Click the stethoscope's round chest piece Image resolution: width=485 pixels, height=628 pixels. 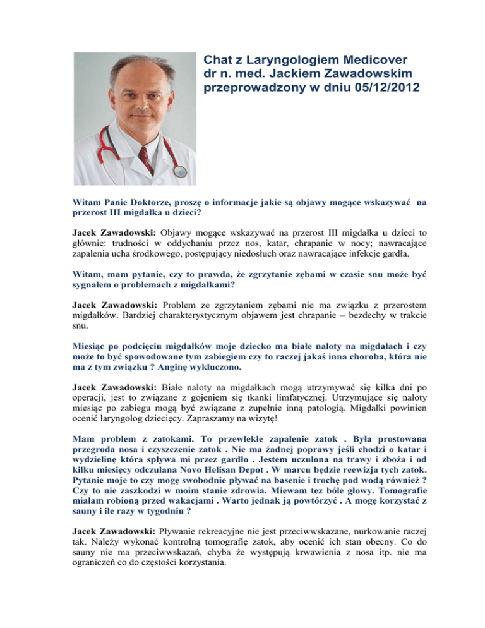(x=179, y=171)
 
